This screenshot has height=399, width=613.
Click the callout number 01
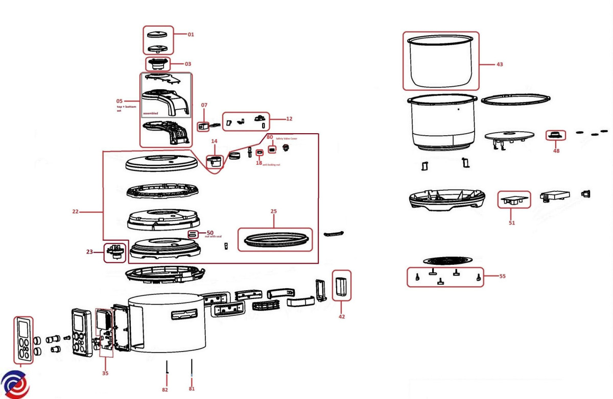tap(191, 35)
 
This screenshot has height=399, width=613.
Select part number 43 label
tap(499, 65)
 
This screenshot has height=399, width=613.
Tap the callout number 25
tap(274, 211)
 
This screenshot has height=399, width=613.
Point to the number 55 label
tap(502, 277)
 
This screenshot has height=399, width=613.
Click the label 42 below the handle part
tap(341, 316)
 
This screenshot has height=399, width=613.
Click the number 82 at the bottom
tap(164, 390)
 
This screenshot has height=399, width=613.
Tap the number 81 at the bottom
tap(192, 389)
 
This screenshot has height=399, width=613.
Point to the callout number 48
tap(556, 151)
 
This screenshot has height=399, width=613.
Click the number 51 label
tap(511, 223)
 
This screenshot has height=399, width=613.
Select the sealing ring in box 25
tap(275, 239)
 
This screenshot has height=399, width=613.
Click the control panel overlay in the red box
tap(23, 340)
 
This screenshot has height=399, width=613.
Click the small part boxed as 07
tap(202, 124)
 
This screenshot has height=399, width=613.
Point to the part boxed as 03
tap(158, 64)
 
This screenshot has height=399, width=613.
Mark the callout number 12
tap(289, 119)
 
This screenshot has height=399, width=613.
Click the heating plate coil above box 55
tap(448, 261)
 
